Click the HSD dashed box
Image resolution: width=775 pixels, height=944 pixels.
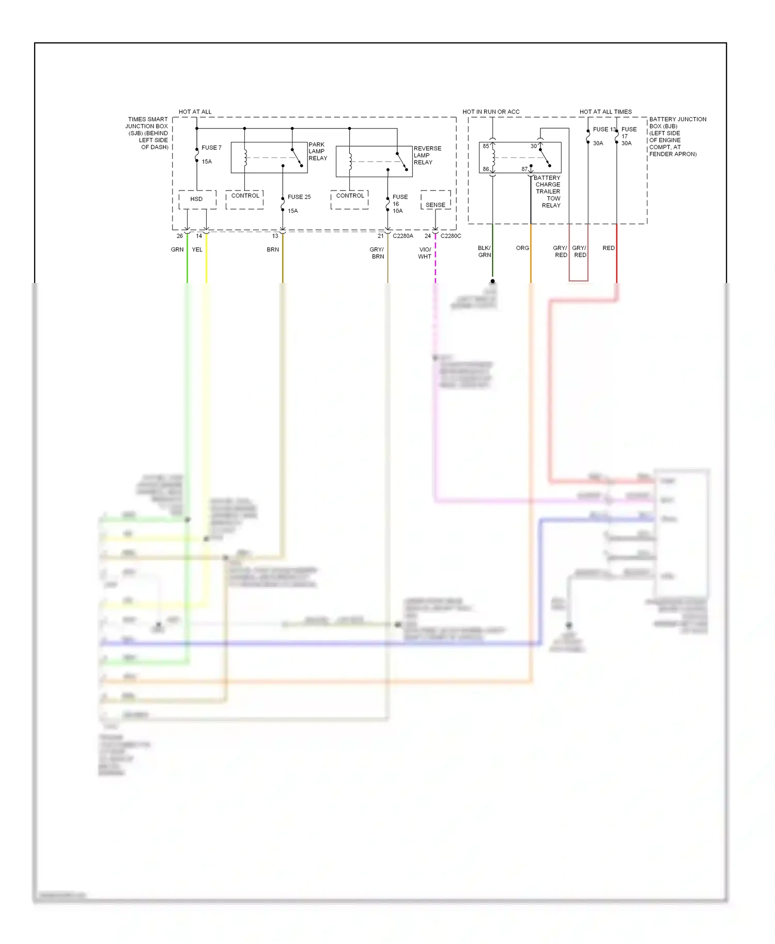click(x=197, y=199)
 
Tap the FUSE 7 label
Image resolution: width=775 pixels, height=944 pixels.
click(x=211, y=148)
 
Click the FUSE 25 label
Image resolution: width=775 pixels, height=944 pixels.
click(x=299, y=197)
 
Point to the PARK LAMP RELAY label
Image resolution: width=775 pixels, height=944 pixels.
click(x=318, y=151)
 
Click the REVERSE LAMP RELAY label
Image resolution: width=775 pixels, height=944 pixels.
click(x=427, y=155)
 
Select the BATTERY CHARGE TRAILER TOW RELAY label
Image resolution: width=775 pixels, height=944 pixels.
click(x=548, y=192)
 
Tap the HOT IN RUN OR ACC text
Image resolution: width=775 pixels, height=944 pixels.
click(x=491, y=112)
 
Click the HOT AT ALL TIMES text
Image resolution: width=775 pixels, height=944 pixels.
click(x=606, y=112)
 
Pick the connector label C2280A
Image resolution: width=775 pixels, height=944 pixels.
click(x=403, y=236)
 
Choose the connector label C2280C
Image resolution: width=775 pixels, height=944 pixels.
click(x=451, y=236)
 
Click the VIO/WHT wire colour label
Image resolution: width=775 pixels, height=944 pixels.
click(x=425, y=253)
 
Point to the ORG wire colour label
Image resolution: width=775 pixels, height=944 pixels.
click(x=522, y=248)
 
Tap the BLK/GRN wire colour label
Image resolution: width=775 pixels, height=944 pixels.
click(x=484, y=251)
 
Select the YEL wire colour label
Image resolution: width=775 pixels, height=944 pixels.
click(x=197, y=249)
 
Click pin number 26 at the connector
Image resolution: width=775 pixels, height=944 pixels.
click(x=180, y=236)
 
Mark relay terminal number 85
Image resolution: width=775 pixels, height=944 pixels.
click(x=486, y=146)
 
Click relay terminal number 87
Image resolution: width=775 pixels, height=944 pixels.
click(x=524, y=169)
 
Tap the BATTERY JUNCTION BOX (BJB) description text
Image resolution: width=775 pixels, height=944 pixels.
click(x=677, y=136)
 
